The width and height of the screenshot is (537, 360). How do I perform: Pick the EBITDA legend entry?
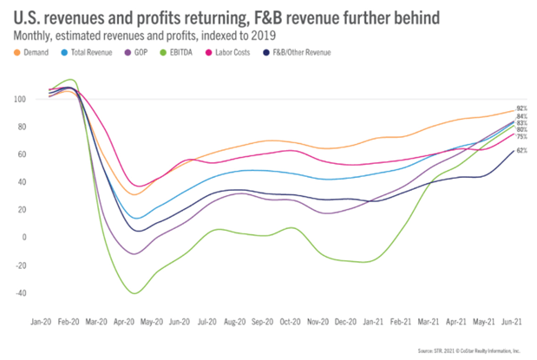[187, 51]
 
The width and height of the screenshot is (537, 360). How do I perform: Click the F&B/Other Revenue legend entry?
[305, 51]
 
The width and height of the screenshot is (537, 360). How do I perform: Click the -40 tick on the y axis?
[34, 292]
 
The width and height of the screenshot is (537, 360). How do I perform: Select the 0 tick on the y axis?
[38, 237]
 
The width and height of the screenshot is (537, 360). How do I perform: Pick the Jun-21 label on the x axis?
[512, 320]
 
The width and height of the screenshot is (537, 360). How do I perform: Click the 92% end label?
[521, 108]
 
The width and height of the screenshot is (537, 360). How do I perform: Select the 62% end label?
[521, 150]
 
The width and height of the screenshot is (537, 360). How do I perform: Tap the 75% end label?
[521, 136]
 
